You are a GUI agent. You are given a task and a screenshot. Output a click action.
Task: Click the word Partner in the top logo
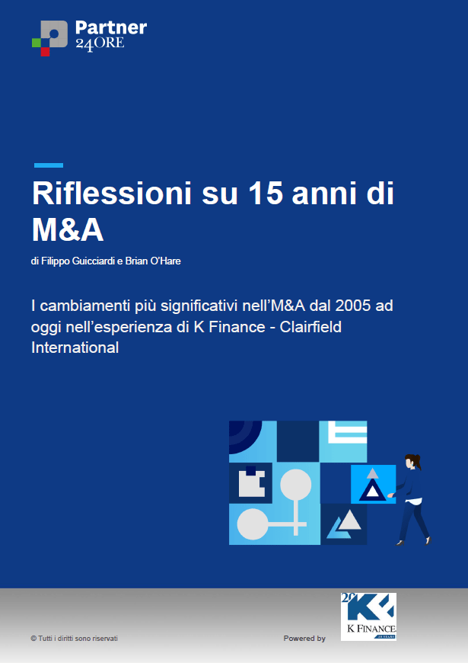pos(111,28)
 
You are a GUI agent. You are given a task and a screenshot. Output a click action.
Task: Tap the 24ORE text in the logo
pos(100,44)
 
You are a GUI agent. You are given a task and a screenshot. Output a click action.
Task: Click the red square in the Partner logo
pos(45,51)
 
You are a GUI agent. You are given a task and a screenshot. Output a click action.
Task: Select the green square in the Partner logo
pos(37,43)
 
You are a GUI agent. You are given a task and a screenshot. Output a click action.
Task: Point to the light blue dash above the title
pos(49,165)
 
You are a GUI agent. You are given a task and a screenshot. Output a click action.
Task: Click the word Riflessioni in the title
pos(112,194)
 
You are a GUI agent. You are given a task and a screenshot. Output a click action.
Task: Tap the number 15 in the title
pos(266,194)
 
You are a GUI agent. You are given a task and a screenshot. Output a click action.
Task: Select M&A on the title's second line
pos(68,229)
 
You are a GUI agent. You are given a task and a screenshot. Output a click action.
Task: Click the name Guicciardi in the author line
pos(94,261)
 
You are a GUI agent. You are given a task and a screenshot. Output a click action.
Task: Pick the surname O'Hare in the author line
pos(166,261)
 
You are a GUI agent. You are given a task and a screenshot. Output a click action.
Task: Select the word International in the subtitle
pos(75,348)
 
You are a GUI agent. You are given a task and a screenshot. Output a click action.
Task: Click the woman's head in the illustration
pos(412,461)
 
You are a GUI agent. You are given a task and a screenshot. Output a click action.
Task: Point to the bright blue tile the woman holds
pos(374,484)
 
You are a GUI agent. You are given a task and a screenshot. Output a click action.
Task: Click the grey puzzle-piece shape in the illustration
pos(252,482)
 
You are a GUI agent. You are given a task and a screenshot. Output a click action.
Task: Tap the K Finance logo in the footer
pos(369,617)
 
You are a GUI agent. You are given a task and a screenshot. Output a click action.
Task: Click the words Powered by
pos(304,639)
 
